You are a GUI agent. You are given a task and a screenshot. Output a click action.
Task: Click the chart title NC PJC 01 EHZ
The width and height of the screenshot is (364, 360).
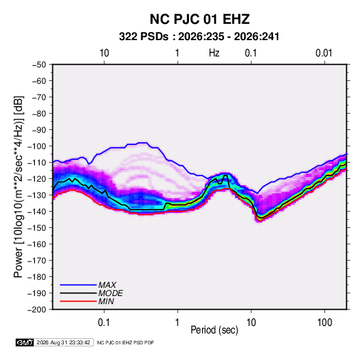[x=199, y=19]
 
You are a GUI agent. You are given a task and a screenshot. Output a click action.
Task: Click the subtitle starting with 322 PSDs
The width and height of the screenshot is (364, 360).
[x=199, y=37]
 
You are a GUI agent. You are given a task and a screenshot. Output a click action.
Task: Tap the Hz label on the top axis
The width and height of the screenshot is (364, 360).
[x=214, y=53]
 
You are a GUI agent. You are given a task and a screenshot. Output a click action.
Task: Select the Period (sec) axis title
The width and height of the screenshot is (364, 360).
[x=214, y=330]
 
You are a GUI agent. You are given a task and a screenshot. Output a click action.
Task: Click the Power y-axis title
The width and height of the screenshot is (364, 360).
[x=18, y=186]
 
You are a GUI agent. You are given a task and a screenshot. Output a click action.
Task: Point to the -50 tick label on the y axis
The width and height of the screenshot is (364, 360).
[x=39, y=65]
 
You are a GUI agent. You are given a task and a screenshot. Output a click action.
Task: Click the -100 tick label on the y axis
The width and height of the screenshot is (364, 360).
[x=37, y=146]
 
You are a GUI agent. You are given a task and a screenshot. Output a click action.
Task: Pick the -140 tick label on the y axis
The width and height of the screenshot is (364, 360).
[x=37, y=212]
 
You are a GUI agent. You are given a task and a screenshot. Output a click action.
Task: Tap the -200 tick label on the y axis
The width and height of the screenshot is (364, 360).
[x=37, y=310]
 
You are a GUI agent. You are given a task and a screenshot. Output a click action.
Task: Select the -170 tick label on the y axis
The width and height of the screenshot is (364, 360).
[x=37, y=261]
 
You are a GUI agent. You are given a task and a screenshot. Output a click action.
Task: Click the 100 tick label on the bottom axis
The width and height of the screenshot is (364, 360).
[x=325, y=323]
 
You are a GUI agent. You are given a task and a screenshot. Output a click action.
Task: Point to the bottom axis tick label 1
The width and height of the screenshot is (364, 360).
[x=178, y=323]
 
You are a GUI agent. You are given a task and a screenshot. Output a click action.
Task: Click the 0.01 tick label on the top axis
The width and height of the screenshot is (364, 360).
[x=324, y=53]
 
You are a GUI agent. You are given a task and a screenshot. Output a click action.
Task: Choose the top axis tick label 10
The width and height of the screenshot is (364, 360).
[x=104, y=53]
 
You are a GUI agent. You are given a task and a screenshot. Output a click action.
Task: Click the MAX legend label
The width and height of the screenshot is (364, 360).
[x=107, y=285]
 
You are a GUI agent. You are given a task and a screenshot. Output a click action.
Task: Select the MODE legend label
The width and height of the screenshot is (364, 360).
[x=110, y=293]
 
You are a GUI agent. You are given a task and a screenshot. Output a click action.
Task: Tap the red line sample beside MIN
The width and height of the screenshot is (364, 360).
[x=78, y=301]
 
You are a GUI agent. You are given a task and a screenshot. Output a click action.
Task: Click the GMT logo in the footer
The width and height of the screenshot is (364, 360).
[x=24, y=342]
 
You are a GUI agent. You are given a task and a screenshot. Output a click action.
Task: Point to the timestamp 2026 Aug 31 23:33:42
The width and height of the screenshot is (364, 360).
[x=63, y=342]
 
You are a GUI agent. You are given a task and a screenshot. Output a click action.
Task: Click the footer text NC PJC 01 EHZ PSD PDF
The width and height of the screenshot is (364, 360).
[x=125, y=342]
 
